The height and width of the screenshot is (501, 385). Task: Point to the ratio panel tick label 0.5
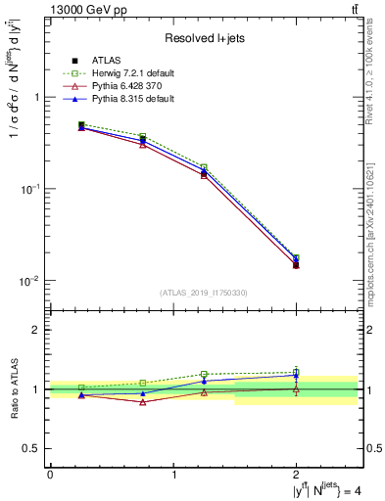click(34, 448)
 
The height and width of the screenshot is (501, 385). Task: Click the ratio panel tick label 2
click(38, 330)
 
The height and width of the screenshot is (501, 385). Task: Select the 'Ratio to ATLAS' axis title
click(13, 388)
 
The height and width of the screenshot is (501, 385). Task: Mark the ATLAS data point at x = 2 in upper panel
click(296, 265)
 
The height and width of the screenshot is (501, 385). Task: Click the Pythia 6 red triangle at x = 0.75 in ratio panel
click(143, 402)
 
